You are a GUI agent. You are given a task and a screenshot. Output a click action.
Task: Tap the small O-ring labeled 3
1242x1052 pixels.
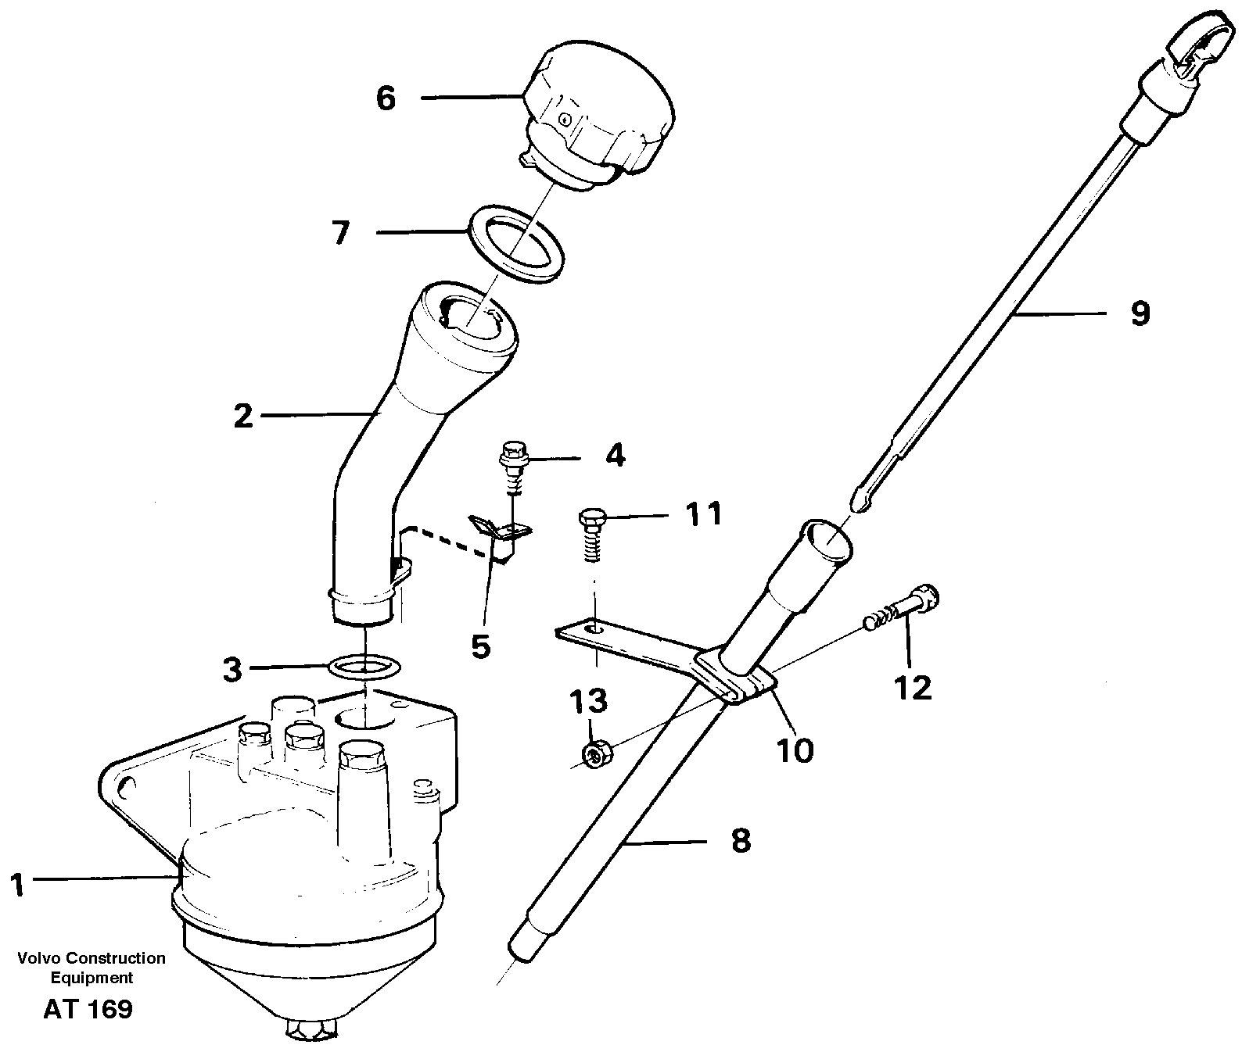pos(365,667)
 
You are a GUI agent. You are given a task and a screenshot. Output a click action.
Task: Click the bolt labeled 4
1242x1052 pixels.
pos(513,461)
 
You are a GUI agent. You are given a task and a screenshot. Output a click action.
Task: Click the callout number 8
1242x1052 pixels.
pos(740,841)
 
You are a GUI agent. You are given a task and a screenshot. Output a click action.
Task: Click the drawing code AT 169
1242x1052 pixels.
pos(88,1009)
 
